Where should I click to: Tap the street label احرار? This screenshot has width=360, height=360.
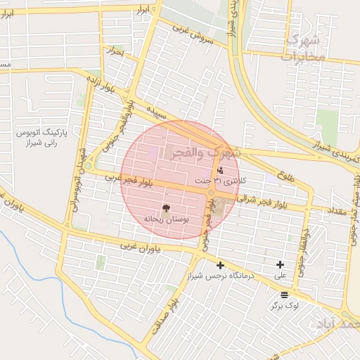(115, 51)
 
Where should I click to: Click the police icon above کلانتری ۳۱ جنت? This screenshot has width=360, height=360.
(219, 170)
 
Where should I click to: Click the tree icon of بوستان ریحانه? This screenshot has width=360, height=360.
(167, 207)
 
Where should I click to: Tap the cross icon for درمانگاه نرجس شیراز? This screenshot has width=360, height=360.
(221, 265)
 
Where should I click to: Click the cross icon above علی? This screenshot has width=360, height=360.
(281, 265)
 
